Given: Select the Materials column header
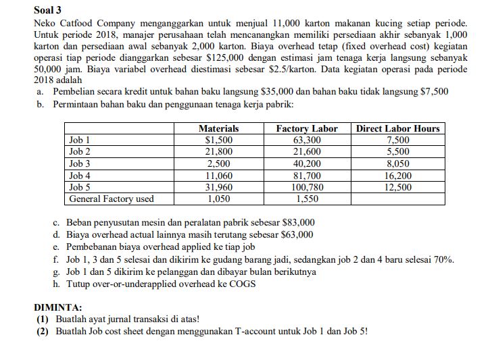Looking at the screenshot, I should pyautogui.click(x=218, y=128).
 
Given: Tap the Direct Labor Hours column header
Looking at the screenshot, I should pyautogui.click(x=397, y=128).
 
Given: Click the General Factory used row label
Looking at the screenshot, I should pyautogui.click(x=112, y=199).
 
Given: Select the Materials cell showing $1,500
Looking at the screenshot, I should pyautogui.click(x=218, y=140).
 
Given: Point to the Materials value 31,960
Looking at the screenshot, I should pyautogui.click(x=218, y=187).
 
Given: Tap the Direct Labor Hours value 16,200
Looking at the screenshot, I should pyautogui.click(x=397, y=176).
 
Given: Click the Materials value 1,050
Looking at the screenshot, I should pyautogui.click(x=218, y=199).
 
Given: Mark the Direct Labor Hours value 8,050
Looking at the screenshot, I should pyautogui.click(x=397, y=163).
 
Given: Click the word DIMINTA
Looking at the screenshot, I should pyautogui.click(x=58, y=307).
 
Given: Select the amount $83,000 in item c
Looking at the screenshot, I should pyautogui.click(x=297, y=223).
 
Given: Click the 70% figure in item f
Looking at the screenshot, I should pyautogui.click(x=444, y=259).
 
